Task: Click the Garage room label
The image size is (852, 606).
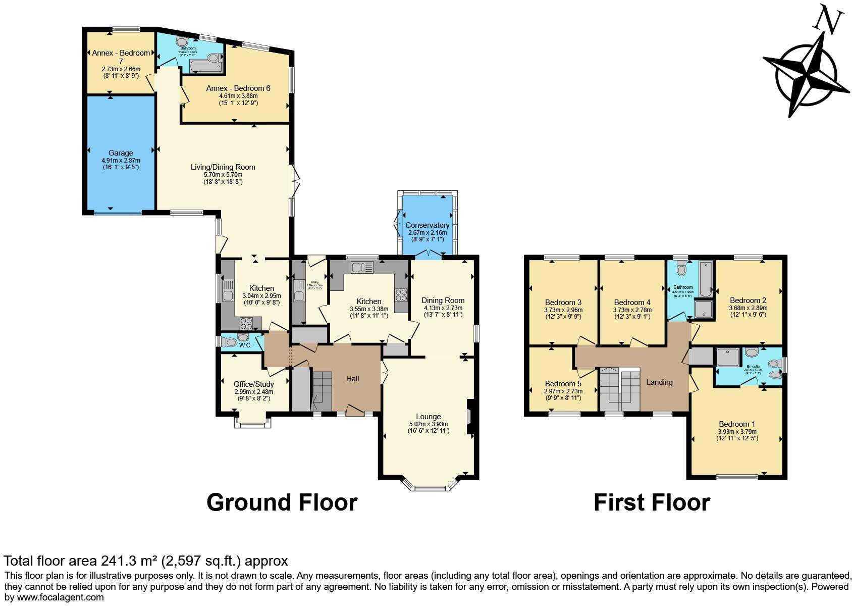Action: tap(121, 153)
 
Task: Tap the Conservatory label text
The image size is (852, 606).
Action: tap(427, 225)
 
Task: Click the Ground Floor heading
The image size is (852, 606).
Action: tap(282, 502)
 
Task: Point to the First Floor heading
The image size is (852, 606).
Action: tap(652, 502)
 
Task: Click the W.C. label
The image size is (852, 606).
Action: tap(245, 346)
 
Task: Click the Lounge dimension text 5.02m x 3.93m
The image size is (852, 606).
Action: tap(428, 424)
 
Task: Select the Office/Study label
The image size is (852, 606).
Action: tap(253, 384)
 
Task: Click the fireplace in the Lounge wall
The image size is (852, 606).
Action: tap(470, 417)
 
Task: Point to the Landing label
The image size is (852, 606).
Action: tap(659, 382)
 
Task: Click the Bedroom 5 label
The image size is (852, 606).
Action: tap(563, 384)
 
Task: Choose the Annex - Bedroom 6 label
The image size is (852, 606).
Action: tap(238, 88)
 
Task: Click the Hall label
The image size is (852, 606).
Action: tap(352, 379)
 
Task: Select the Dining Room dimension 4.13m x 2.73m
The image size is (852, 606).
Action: tap(443, 308)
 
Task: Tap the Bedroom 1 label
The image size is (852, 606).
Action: tap(737, 424)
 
